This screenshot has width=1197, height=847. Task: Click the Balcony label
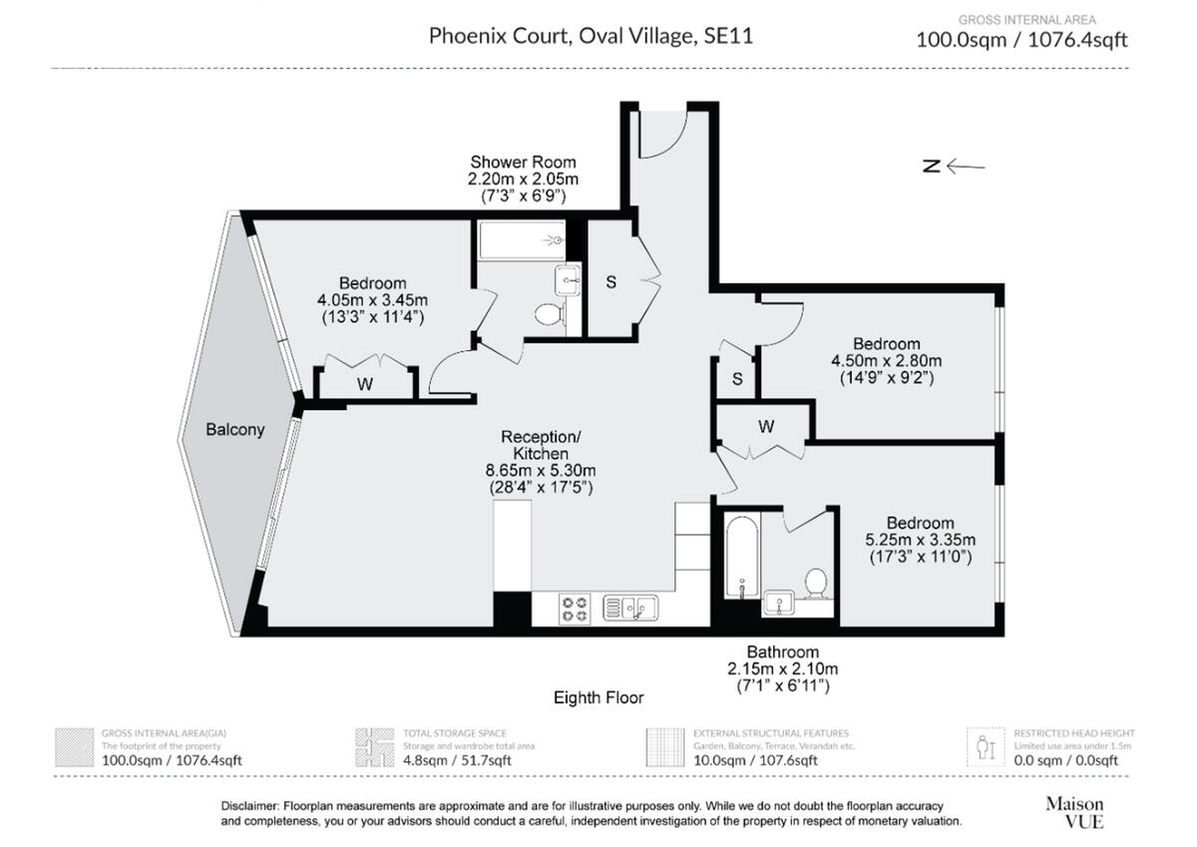coord(235,430)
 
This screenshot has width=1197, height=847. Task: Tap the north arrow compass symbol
coord(953,167)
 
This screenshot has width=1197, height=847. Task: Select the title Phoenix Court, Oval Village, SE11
coord(591,37)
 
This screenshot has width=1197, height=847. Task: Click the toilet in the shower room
coord(548,315)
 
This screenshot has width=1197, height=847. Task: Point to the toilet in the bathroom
coord(816,584)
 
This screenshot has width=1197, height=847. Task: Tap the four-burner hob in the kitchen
coord(575,609)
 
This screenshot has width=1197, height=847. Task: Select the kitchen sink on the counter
coord(630,607)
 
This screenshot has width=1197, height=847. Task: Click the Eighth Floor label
coord(598,697)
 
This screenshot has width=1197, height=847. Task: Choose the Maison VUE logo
coord(1074,812)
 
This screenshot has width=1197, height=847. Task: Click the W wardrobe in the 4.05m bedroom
coord(365,384)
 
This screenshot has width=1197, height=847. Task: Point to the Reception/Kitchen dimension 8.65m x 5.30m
coord(541,471)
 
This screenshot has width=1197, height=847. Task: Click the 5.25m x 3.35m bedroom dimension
coord(920,540)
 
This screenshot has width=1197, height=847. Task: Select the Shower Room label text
coord(523,162)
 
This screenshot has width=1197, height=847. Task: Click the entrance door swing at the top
coord(663,135)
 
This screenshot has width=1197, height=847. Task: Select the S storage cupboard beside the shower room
coord(611,282)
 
